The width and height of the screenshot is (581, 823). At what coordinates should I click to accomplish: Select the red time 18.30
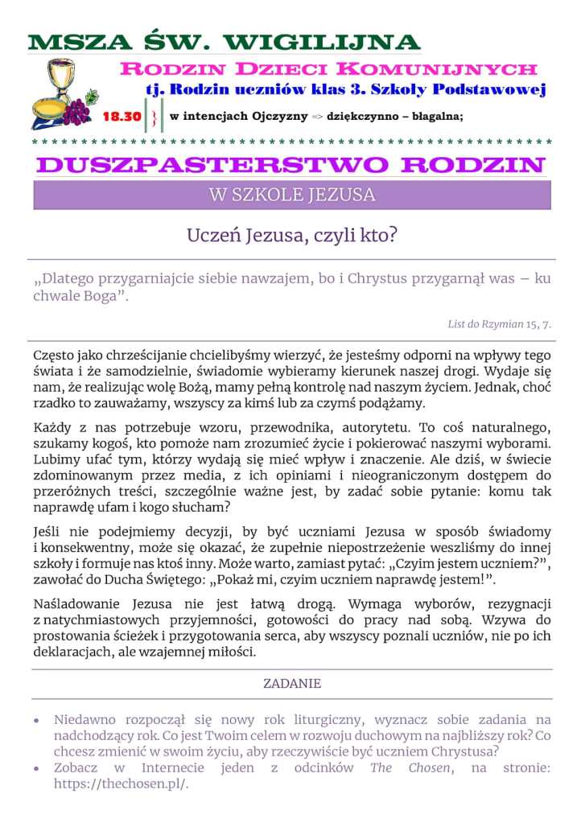(x=122, y=117)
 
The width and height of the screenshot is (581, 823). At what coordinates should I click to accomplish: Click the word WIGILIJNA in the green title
(x=322, y=43)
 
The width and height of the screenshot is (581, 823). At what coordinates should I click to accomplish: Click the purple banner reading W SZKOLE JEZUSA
(x=291, y=195)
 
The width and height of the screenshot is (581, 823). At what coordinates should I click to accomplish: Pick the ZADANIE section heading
(x=291, y=684)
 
